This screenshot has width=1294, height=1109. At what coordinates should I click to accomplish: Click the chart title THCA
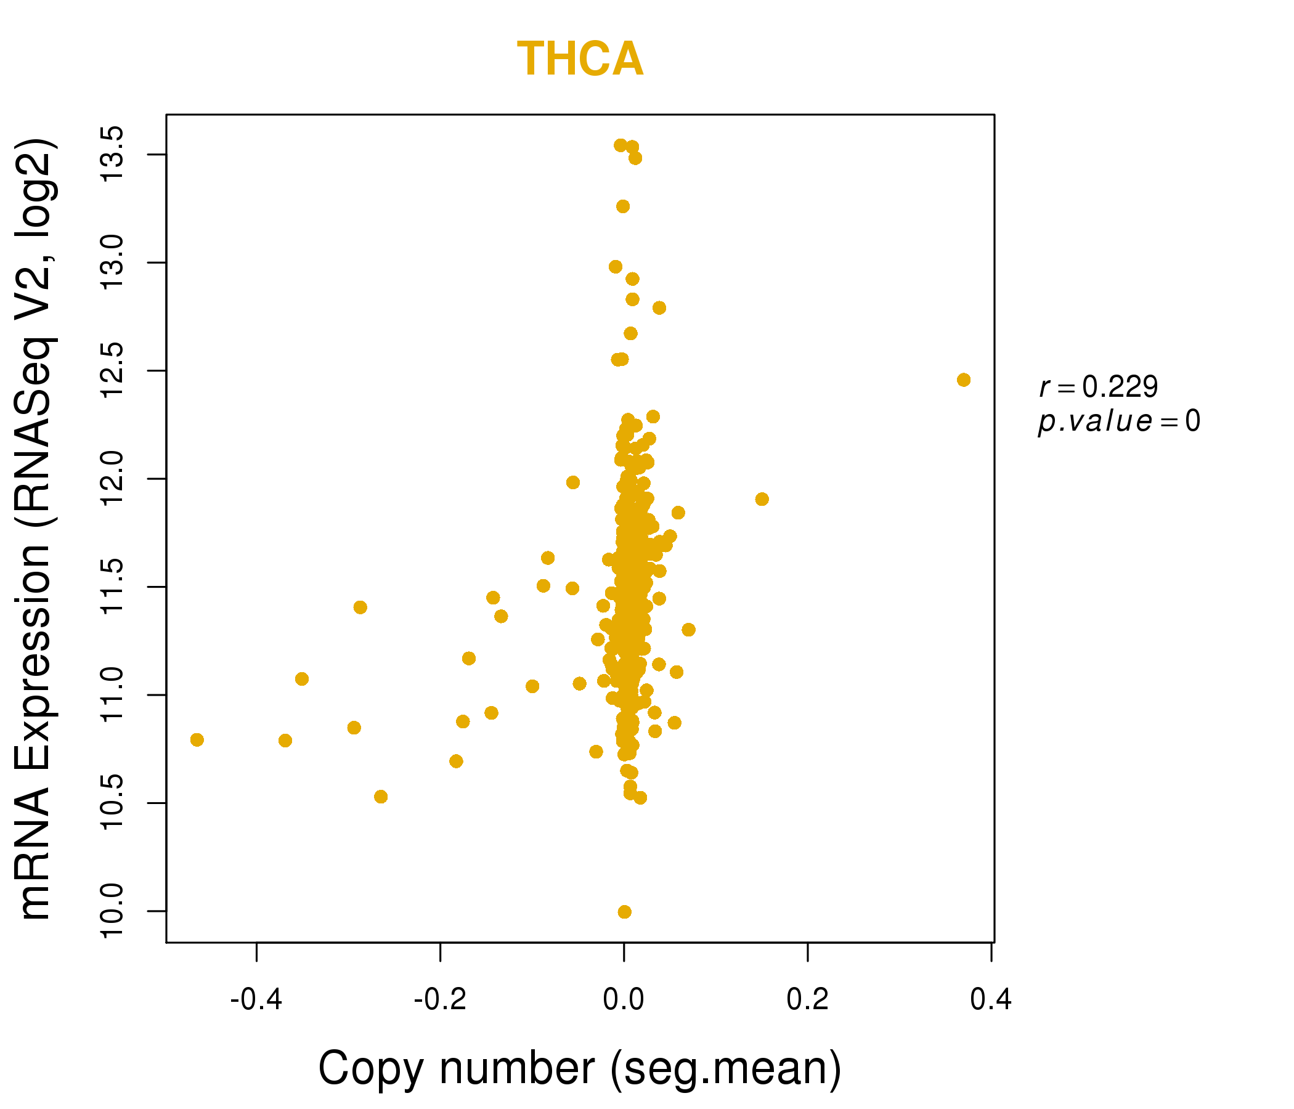(580, 59)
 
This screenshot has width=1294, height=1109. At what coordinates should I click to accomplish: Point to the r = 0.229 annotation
(1099, 387)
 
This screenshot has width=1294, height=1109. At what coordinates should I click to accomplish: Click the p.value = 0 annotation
(1119, 421)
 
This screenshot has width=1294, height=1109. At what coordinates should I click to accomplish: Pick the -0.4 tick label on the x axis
(256, 1000)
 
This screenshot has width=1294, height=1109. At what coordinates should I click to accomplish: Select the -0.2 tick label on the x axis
(441, 1000)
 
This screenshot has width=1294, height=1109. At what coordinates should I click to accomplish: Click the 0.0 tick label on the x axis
(623, 1000)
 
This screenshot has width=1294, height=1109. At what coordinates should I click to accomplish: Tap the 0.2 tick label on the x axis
(807, 1000)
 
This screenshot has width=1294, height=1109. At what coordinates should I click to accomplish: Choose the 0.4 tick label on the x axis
(991, 1000)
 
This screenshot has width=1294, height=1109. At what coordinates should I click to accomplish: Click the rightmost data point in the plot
(964, 380)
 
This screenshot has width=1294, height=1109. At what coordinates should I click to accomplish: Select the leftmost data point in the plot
(197, 740)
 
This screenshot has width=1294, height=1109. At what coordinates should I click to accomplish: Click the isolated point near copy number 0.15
(762, 499)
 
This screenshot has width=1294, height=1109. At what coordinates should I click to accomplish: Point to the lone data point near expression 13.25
(622, 206)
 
